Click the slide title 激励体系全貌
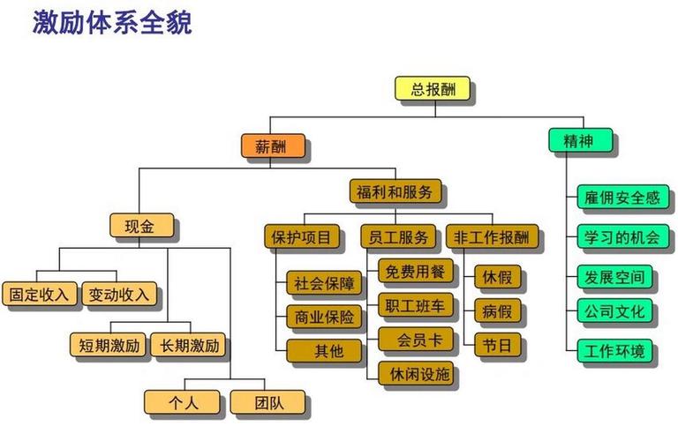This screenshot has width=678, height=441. tap(112, 22)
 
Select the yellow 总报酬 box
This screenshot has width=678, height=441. tap(431, 89)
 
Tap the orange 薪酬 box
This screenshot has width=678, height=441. tap(274, 145)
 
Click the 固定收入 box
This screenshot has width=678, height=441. tap(39, 294)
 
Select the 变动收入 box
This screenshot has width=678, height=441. tap(119, 294)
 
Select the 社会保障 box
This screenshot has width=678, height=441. tap(324, 283)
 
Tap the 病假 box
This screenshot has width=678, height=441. tap(498, 310)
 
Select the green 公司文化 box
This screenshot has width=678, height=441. tap(615, 311)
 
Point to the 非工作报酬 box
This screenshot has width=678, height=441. tap(492, 237)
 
